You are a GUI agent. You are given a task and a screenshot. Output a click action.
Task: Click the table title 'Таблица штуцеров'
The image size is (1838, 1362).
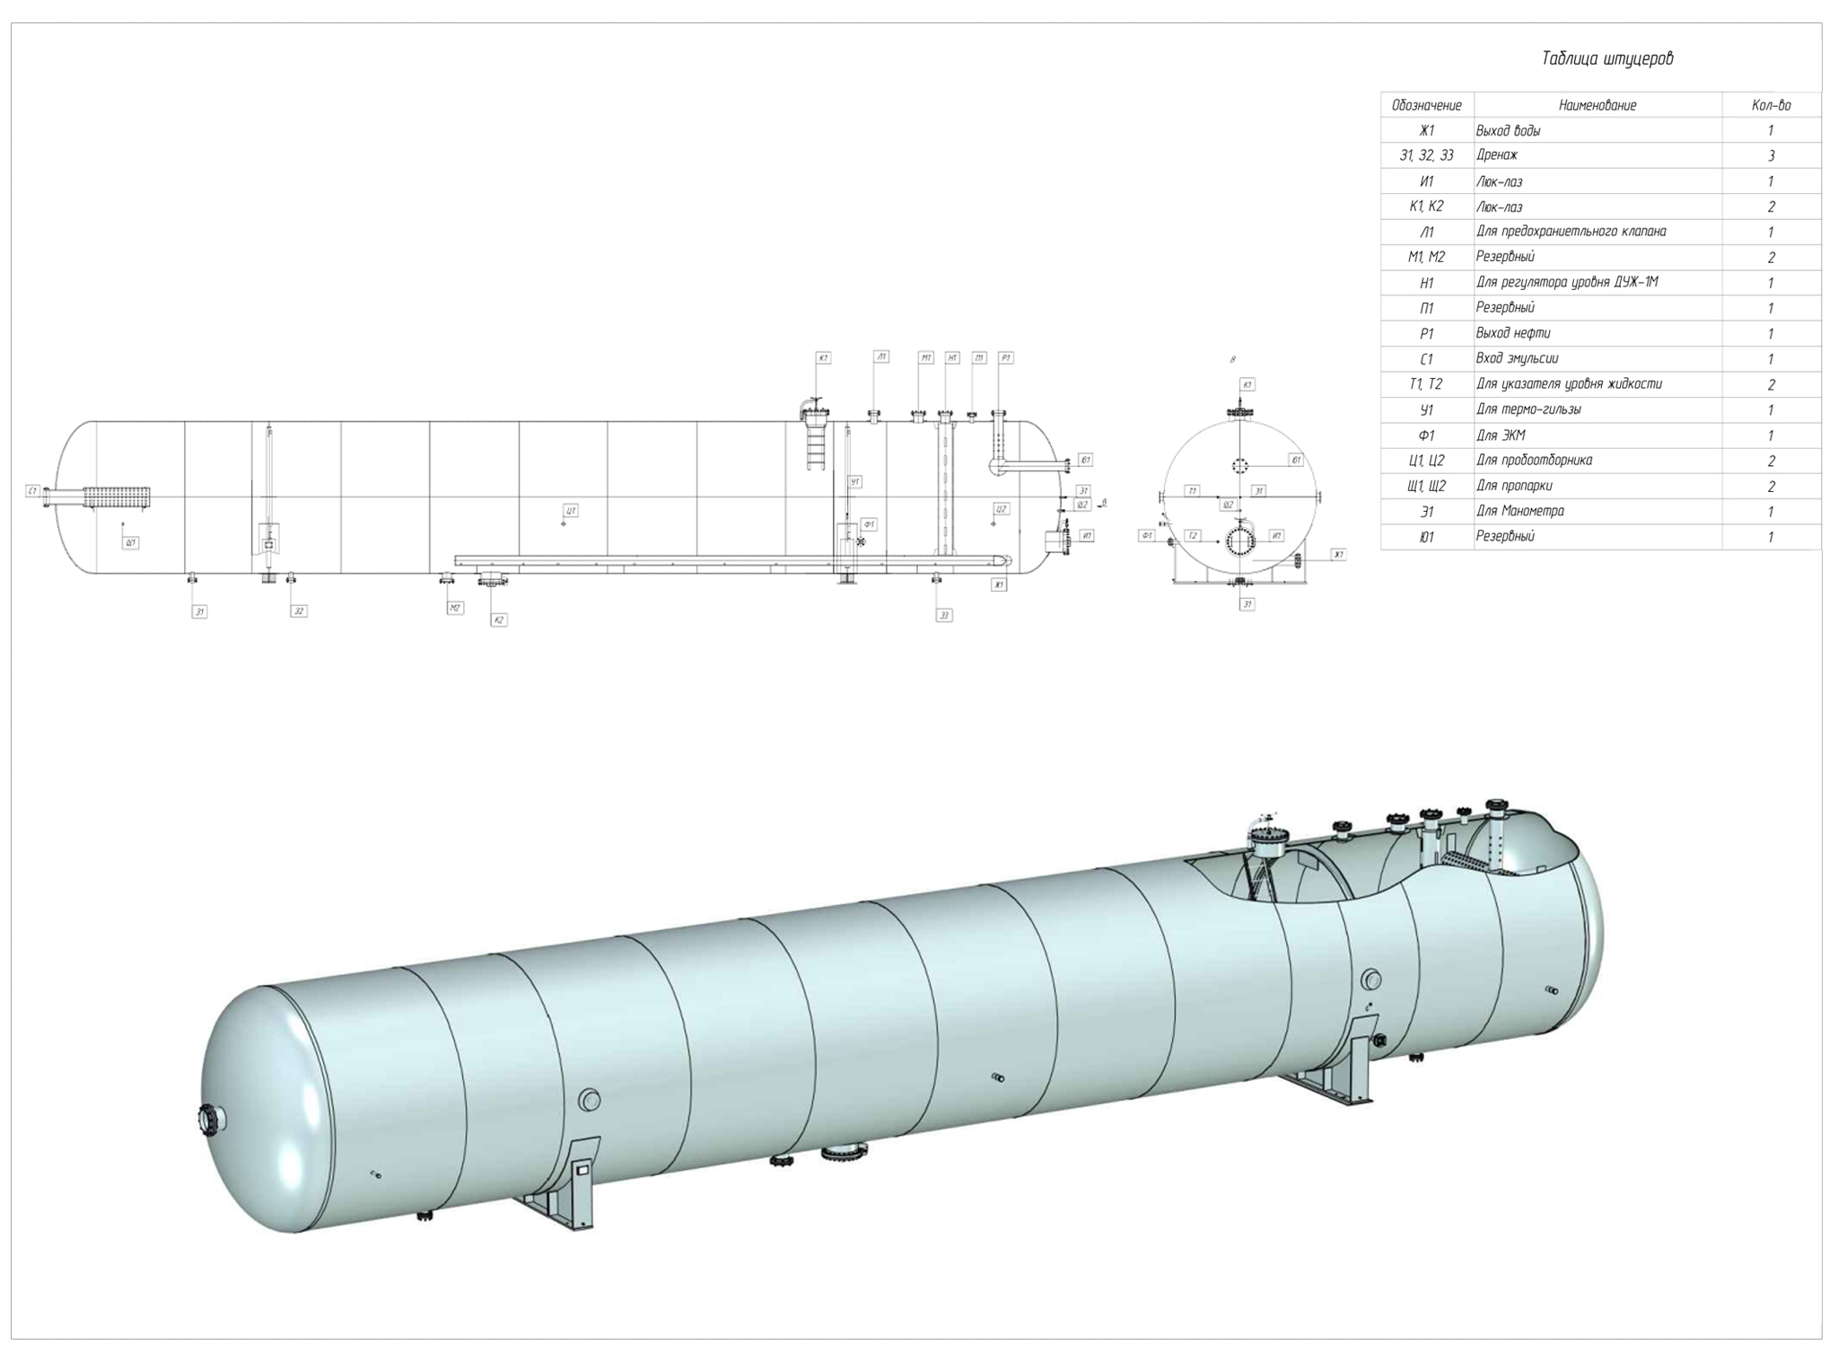[x=1606, y=59]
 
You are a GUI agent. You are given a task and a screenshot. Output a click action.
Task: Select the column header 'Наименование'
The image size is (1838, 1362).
[x=1597, y=105]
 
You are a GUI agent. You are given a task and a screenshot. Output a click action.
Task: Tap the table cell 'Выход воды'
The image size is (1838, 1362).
[x=1508, y=130]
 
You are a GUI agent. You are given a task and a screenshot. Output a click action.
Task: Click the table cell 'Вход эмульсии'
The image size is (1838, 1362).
[x=1517, y=358]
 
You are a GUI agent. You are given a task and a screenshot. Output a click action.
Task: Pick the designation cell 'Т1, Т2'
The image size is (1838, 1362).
[x=1425, y=384]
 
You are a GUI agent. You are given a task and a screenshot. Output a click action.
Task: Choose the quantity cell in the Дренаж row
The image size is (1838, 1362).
[x=1771, y=155]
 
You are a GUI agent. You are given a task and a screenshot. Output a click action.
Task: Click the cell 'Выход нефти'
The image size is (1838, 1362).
[x=1512, y=333]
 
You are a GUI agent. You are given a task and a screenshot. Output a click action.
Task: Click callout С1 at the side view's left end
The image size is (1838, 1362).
[x=32, y=491]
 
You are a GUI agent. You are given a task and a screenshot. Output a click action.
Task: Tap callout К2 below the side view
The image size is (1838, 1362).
[x=499, y=619]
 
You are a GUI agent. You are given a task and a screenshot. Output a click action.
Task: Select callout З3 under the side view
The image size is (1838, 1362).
[x=943, y=615]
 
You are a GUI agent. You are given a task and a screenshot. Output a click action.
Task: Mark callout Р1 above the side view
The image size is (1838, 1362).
[x=1005, y=357]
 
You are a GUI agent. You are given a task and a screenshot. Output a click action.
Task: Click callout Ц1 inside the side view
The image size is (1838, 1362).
[x=570, y=510]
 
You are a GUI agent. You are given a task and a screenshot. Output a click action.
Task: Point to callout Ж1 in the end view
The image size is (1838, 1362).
[x=1337, y=555]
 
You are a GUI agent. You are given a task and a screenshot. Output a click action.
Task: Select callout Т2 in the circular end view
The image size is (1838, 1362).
[x=1192, y=535]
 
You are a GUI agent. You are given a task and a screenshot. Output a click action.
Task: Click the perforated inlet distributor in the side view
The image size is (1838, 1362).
[x=117, y=496]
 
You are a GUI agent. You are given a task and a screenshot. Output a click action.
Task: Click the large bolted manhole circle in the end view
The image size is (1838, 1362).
[x=1239, y=541]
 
